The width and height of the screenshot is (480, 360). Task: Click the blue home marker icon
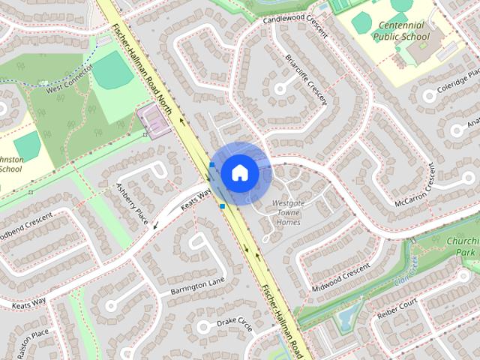pyautogui.click(x=240, y=172)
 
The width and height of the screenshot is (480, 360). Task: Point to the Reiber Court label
pyautogui.click(x=397, y=306)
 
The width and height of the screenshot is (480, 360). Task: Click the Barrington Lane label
pyautogui.click(x=196, y=286)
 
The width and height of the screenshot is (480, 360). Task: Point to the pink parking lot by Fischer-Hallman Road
pyautogui.click(x=154, y=121)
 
